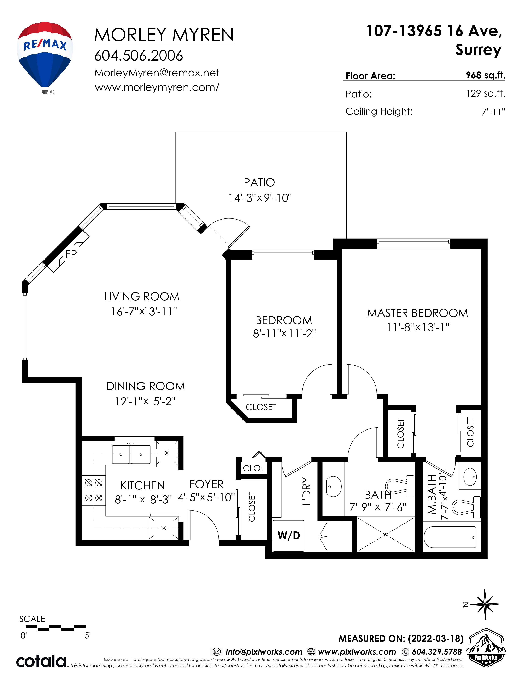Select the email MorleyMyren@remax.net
point(157,73)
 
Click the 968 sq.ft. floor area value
point(485,75)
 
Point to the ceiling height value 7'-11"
point(493,112)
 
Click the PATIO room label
point(259,182)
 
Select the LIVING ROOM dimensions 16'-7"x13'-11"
point(144,311)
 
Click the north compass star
point(485,604)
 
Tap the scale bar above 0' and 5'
point(55,627)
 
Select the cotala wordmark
point(41,661)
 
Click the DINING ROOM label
point(146,386)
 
